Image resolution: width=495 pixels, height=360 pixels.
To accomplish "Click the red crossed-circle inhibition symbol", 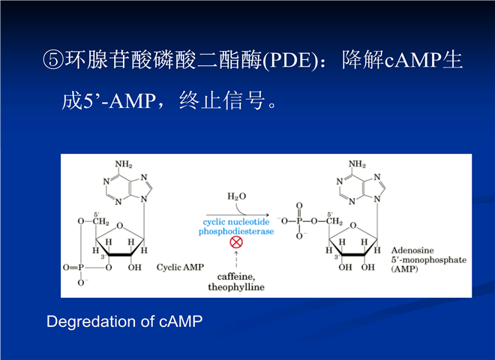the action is pos(236,242).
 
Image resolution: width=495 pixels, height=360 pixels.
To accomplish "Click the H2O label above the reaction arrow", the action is pos(236,196).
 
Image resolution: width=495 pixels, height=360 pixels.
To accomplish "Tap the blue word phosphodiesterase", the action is pos(236,232).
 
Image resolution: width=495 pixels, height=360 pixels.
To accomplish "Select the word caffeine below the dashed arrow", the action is pos(236,277).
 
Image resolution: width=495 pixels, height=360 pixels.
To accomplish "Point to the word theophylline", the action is pos(236,287).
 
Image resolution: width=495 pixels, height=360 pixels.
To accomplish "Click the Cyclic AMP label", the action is pos(180,268).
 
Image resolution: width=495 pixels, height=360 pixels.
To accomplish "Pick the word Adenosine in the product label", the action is pos(412,250).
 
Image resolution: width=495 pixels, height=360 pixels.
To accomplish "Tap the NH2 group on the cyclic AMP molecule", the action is pos(124,164).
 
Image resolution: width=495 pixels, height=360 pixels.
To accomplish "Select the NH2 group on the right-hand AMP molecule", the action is pos(357,164).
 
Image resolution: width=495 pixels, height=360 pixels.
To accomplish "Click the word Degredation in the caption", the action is pos(91,322).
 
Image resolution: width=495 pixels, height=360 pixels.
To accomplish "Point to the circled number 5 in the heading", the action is pos(53,60).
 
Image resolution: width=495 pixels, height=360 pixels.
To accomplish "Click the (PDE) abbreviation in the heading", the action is pos(289,60).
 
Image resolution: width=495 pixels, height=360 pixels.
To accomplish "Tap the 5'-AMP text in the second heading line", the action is pos(119,101).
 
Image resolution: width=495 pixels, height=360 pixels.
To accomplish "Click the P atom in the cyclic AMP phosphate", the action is pos(81,268).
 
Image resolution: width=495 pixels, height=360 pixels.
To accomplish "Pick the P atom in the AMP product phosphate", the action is pos(299,221).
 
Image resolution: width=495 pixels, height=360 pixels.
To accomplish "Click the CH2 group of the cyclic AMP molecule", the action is pos(100,221).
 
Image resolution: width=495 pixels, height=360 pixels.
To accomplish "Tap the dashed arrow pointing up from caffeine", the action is pos(236,259).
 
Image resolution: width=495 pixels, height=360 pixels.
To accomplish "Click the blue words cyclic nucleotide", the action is pos(236,222).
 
